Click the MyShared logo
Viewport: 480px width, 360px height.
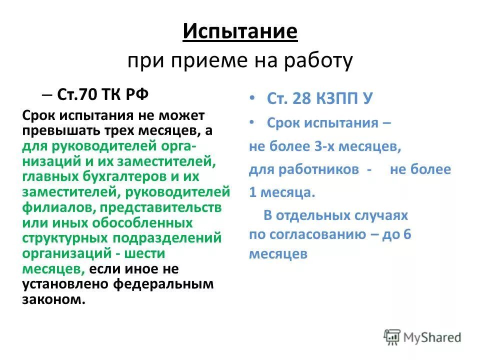(x=422, y=336)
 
